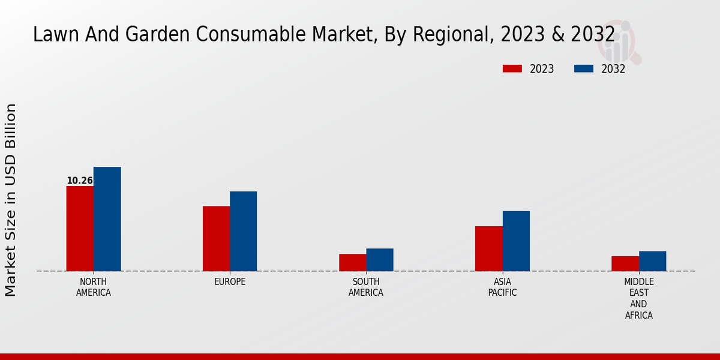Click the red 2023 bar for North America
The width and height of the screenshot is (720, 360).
click(80, 229)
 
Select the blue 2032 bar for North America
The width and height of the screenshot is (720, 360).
click(107, 219)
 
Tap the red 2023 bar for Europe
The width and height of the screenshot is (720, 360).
click(216, 239)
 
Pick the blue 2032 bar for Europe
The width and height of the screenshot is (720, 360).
click(244, 232)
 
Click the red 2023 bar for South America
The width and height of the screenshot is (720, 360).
click(352, 263)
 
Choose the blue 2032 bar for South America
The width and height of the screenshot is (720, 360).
click(380, 260)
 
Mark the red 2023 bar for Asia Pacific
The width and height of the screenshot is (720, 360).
click(489, 249)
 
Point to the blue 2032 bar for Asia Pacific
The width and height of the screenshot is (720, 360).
click(516, 241)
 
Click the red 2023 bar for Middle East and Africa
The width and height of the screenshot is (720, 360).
click(625, 264)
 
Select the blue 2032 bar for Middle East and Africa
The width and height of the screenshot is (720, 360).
click(653, 261)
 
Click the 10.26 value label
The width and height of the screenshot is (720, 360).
click(80, 181)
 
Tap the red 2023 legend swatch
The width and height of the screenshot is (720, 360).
click(512, 69)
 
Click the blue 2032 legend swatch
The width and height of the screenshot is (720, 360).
click(584, 69)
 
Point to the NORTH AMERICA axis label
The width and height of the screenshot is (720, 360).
click(94, 287)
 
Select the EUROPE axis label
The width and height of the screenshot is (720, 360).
click(230, 282)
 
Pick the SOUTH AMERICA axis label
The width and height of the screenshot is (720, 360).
click(366, 287)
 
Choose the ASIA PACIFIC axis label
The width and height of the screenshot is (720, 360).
click(502, 287)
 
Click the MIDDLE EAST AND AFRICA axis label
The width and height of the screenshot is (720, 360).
click(639, 298)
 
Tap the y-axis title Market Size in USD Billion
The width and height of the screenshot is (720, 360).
click(11, 200)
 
